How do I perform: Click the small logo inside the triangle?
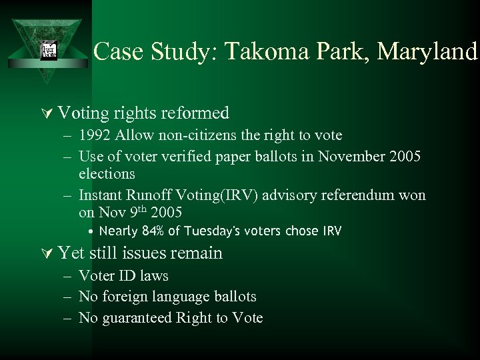[49, 50]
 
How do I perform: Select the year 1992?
[95, 135]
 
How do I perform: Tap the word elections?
[107, 174]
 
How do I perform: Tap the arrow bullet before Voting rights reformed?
[45, 113]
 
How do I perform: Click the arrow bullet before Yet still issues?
[45, 253]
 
